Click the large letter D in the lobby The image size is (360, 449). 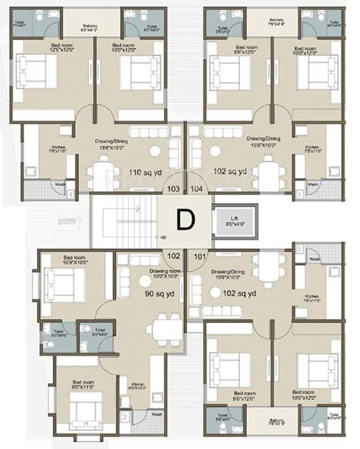point(184,220)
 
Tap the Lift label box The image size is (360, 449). point(236,222)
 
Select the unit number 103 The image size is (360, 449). point(172,189)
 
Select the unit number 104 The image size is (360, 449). point(197,189)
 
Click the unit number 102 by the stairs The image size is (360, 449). point(173,256)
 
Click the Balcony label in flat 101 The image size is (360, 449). point(267,420)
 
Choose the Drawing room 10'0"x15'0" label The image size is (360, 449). point(166,274)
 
